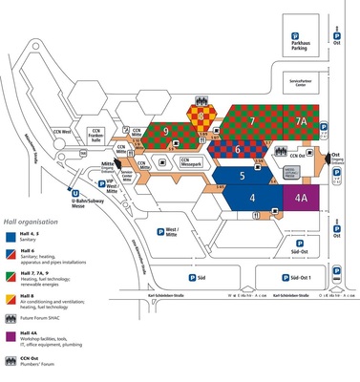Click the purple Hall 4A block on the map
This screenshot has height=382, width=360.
[x=300, y=198]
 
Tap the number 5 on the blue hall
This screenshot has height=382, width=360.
[x=244, y=176]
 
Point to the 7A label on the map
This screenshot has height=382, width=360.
[x=301, y=123]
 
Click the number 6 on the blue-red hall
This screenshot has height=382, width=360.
[x=238, y=149]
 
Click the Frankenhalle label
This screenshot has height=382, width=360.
[x=95, y=135]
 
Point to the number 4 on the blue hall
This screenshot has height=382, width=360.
[x=252, y=198]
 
